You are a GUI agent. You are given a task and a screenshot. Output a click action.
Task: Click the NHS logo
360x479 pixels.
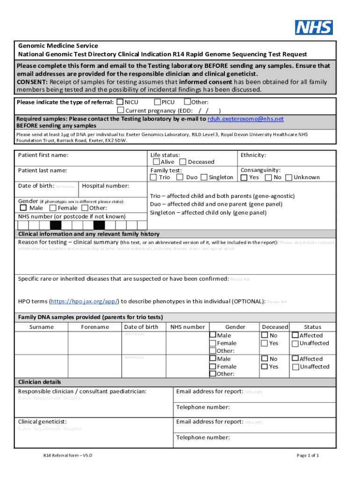[314, 27]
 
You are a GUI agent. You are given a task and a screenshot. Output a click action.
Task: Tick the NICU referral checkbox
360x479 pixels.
[120, 102]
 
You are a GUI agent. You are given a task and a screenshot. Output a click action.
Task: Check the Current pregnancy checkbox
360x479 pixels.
[120, 110]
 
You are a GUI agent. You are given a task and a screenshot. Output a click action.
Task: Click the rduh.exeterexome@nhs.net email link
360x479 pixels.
[245, 119]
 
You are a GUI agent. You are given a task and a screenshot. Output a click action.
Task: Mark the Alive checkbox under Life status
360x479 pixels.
[156, 162]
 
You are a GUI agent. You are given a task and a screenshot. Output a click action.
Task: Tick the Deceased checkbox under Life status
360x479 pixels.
[183, 162]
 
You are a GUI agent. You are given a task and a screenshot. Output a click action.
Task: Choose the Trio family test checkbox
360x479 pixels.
[153, 177]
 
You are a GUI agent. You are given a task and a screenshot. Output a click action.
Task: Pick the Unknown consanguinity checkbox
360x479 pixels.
[288, 177]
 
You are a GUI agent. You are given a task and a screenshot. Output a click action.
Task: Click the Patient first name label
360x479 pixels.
[43, 155]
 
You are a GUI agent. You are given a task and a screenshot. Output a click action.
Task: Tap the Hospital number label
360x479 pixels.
[105, 186]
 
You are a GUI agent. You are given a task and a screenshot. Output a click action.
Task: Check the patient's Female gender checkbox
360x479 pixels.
[53, 208]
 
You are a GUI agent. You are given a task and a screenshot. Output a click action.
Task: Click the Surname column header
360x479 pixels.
[41, 327]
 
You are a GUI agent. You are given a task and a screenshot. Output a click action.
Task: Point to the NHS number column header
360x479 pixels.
[187, 327]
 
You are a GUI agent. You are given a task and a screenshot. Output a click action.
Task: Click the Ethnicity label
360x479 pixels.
[253, 155]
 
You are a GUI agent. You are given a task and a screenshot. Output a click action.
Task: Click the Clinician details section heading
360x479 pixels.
[39, 382]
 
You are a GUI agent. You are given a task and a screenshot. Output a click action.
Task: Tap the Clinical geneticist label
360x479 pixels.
[42, 421]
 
